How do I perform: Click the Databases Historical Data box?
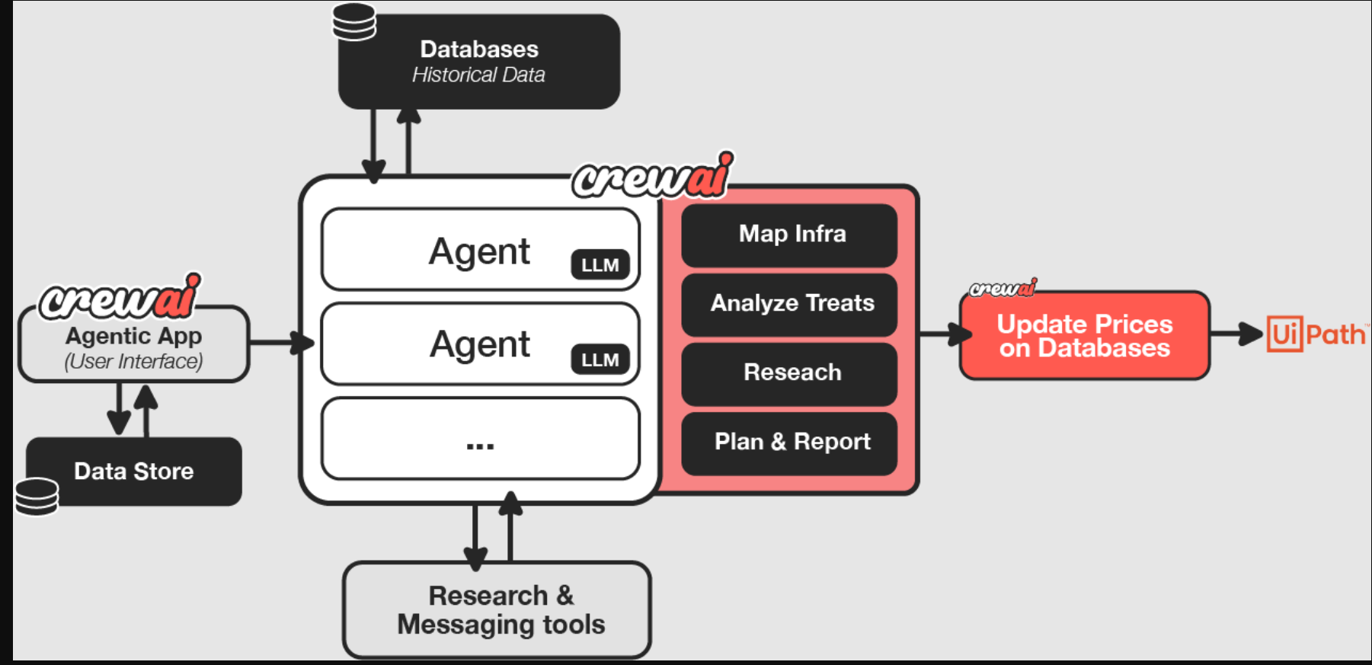(x=478, y=62)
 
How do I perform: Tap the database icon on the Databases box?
(x=354, y=21)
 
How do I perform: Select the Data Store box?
(x=134, y=471)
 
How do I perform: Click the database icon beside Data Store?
(x=37, y=497)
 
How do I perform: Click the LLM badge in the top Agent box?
(x=600, y=264)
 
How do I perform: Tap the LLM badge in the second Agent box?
(x=600, y=360)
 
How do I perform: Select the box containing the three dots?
(x=480, y=439)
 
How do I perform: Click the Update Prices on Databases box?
(x=1084, y=336)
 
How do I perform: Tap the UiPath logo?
(x=1316, y=334)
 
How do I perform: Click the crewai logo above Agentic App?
(x=120, y=296)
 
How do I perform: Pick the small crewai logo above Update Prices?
(x=1003, y=288)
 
